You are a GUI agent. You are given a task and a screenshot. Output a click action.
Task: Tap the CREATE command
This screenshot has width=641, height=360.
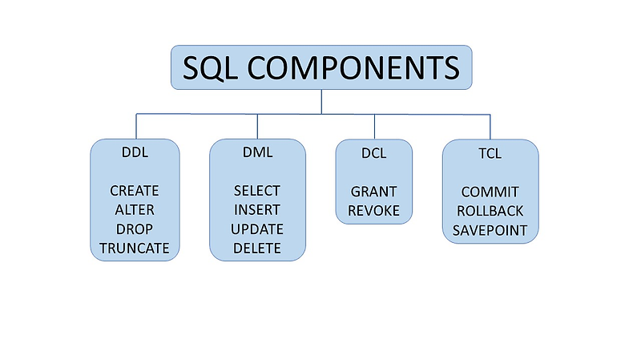tap(134, 191)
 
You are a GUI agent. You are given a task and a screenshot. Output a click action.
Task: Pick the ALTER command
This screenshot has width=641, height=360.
tap(134, 210)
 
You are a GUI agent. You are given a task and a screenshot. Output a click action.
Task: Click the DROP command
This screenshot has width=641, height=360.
tap(134, 229)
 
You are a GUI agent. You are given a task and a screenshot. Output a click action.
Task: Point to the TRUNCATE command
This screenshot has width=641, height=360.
tap(134, 249)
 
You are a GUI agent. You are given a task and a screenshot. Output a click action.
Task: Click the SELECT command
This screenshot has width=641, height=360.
tap(256, 191)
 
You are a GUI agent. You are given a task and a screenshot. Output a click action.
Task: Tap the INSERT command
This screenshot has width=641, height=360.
tap(256, 210)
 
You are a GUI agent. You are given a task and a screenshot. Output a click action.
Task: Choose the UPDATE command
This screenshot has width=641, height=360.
tap(256, 229)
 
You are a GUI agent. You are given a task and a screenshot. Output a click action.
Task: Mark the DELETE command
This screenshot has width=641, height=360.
tap(256, 249)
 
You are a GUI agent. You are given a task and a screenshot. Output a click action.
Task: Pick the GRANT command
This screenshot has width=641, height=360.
tap(373, 192)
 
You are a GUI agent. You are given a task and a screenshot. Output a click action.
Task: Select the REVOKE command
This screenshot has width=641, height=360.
tap(373, 211)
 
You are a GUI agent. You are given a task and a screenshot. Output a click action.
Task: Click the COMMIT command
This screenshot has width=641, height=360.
tap(490, 192)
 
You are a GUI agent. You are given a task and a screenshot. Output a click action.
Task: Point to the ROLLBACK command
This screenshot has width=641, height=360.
tap(490, 211)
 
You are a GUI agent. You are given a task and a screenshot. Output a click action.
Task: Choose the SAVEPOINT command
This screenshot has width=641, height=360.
tap(490, 230)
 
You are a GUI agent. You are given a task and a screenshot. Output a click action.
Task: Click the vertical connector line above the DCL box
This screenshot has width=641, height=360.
tap(373, 127)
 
